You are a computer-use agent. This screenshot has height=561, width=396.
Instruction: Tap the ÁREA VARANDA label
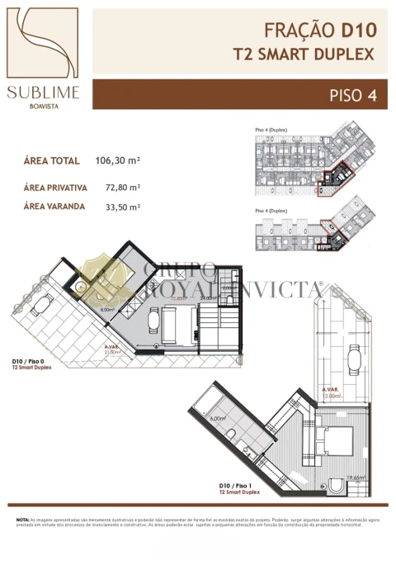pos(54,207)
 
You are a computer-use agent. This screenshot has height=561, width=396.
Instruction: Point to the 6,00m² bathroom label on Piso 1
pos(218,419)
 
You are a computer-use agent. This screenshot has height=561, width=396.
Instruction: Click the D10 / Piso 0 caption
pos(30,362)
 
